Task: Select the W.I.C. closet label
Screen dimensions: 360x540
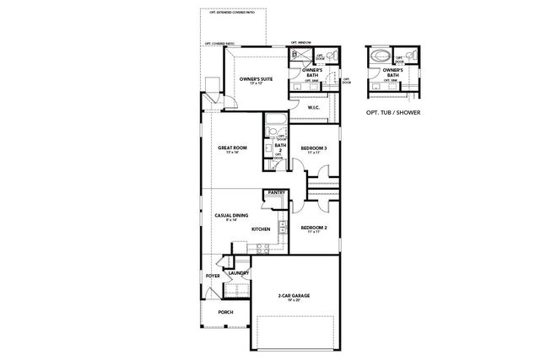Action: pos(312,108)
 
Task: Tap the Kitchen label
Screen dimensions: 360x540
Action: pos(261,229)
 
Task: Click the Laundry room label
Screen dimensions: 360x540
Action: pos(237,272)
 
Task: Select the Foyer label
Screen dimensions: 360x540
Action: pos(212,277)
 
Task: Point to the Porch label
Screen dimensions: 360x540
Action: pos(225,312)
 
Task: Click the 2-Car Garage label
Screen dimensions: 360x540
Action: pos(295,297)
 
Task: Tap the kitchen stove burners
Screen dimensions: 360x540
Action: pos(262,248)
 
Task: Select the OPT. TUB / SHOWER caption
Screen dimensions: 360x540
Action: pos(394,111)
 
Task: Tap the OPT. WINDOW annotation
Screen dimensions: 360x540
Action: pos(301,43)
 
